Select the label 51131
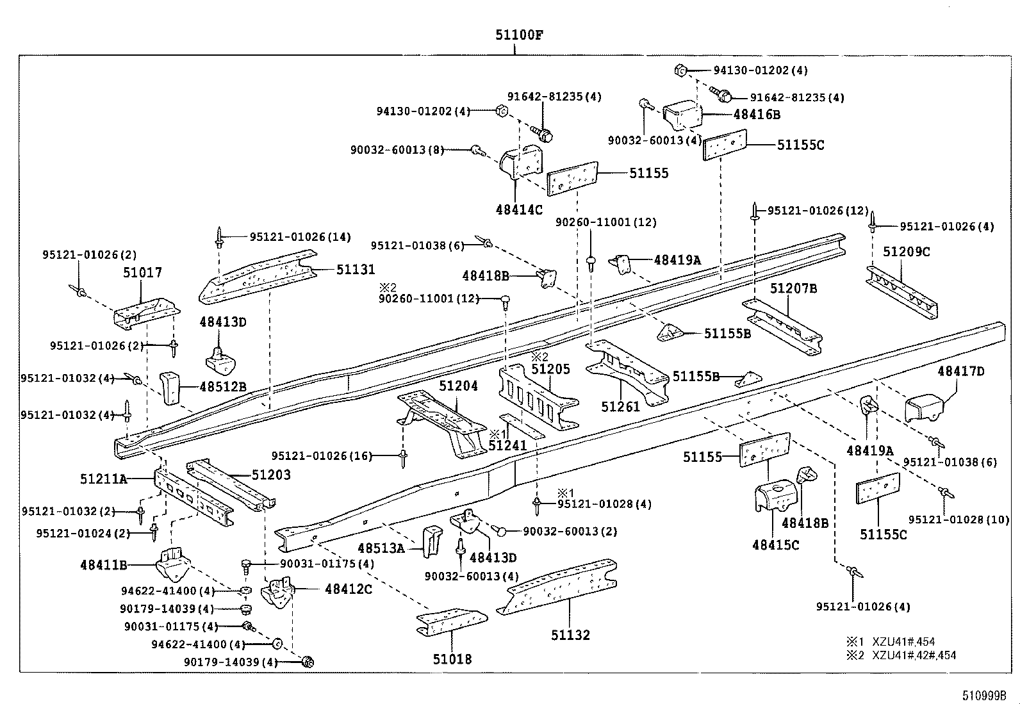(356, 270)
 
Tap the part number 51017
(142, 273)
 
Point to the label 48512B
(222, 387)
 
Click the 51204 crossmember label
(458, 386)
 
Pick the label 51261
(620, 406)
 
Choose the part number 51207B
(793, 289)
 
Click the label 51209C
(906, 252)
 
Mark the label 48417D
(960, 372)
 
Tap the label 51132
(570, 635)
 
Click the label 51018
(452, 659)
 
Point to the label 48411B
(103, 565)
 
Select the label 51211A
(103, 478)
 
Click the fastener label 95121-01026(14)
(300, 237)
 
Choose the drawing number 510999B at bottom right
(983, 695)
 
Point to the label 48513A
(381, 548)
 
